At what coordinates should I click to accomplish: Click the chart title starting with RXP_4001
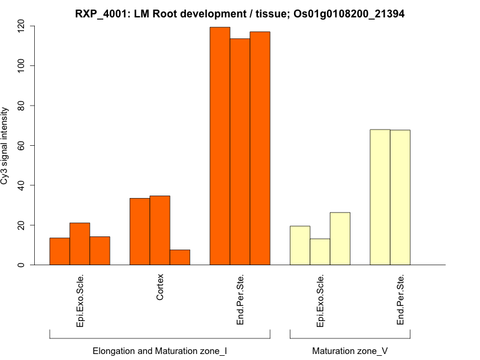pyautogui.click(x=239, y=14)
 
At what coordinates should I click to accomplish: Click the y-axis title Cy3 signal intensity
pyautogui.click(x=5, y=146)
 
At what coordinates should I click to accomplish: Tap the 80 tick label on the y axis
pyautogui.click(x=22, y=106)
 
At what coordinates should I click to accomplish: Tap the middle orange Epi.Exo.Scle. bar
pyautogui.click(x=80, y=244)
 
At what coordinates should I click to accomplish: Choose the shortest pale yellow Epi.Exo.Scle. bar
pyautogui.click(x=320, y=252)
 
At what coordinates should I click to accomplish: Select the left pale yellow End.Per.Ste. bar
pyautogui.click(x=380, y=197)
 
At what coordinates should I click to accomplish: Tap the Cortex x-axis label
pyautogui.click(x=160, y=287)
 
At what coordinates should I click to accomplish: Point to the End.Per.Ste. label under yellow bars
pyautogui.click(x=400, y=300)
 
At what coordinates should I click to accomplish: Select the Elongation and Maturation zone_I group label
pyautogui.click(x=160, y=350)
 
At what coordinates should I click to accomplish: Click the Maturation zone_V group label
pyautogui.click(x=350, y=350)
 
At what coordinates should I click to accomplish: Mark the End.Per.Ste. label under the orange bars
pyautogui.click(x=240, y=300)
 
